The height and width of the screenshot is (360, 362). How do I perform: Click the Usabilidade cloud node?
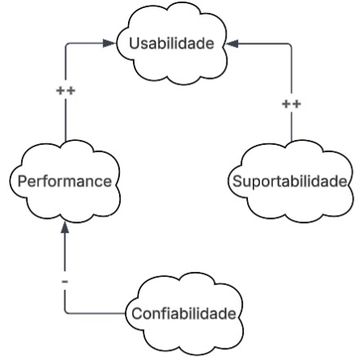(171, 42)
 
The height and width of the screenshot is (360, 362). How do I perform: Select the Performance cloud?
(64, 181)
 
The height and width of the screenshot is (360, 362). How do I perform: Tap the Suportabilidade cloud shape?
(290, 181)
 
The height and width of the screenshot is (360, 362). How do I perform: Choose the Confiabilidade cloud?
(184, 314)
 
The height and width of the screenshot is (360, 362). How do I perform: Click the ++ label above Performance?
(64, 90)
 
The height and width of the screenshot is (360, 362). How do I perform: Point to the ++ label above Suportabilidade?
(291, 104)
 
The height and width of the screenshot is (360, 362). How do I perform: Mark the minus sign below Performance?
(64, 281)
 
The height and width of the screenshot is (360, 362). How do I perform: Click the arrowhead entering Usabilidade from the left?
(110, 43)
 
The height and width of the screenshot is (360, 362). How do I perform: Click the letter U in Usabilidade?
(135, 43)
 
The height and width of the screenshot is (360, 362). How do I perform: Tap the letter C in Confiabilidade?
(136, 314)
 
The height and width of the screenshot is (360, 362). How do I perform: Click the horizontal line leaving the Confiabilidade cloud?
(98, 313)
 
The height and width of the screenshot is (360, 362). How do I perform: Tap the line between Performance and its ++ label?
(64, 122)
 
